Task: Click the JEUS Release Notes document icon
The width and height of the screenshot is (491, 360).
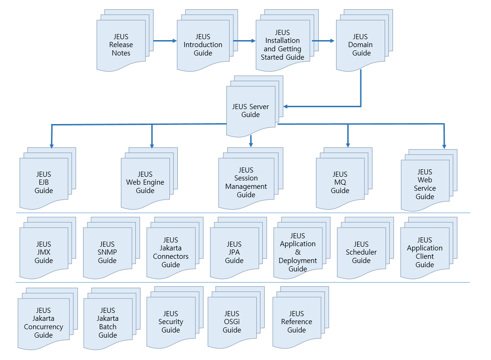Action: (121, 45)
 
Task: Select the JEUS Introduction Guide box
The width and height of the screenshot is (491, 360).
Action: (203, 45)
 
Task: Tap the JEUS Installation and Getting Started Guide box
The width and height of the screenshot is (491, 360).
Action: (282, 45)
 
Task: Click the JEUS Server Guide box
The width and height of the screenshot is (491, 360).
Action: (251, 111)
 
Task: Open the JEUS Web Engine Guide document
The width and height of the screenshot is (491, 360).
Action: (145, 182)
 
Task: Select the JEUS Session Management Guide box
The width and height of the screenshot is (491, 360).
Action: (246, 182)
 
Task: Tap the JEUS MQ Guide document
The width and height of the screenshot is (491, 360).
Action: (340, 182)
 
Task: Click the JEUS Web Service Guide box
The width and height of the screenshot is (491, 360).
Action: (425, 184)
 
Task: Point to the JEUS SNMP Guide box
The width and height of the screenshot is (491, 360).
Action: (107, 252)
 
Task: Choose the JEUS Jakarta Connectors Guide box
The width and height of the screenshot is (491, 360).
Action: (171, 252)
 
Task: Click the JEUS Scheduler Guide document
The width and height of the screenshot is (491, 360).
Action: (361, 252)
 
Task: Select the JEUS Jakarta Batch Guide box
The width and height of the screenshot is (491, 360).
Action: (108, 323)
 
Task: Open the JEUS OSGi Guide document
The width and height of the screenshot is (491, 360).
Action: (231, 322)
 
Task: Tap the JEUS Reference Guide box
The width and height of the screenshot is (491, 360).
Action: (296, 322)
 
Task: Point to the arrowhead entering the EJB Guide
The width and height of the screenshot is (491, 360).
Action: (51, 145)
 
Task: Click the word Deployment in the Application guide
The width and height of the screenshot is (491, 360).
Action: (298, 261)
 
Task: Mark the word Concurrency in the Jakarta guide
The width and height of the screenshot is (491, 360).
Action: (43, 327)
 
